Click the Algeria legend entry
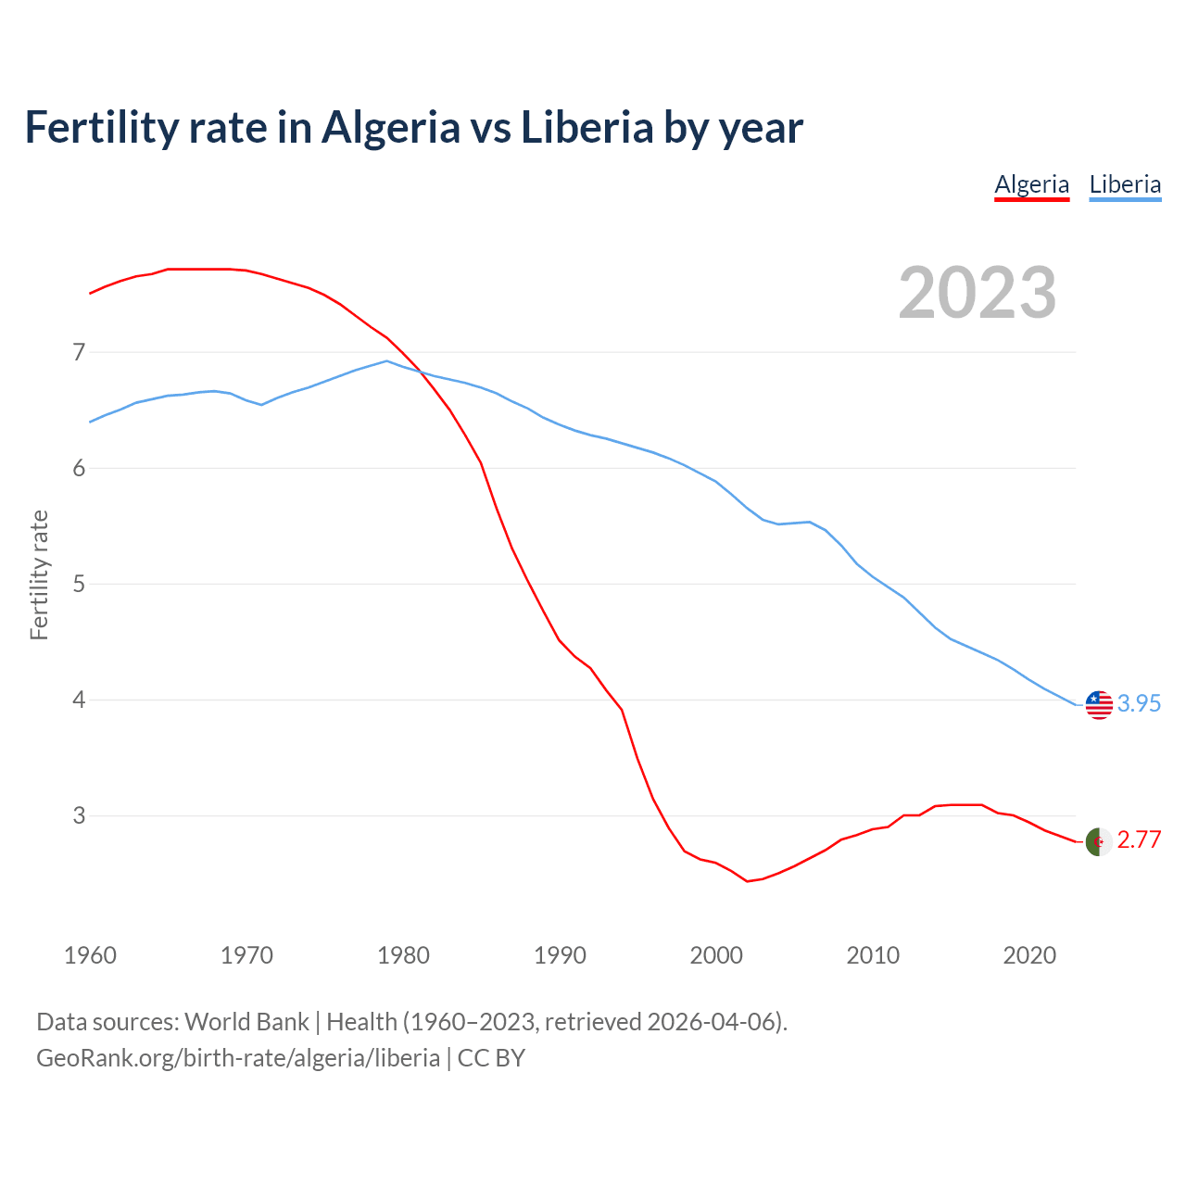click(x=1031, y=184)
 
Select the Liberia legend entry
click(x=1125, y=184)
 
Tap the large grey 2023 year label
click(x=978, y=293)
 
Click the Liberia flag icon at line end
click(x=1099, y=704)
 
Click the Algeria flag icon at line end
click(x=1099, y=841)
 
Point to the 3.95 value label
click(x=1139, y=704)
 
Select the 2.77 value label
click(x=1139, y=840)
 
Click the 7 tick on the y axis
click(x=79, y=352)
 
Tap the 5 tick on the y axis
click(x=79, y=584)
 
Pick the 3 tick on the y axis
click(x=79, y=815)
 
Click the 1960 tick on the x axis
click(x=90, y=955)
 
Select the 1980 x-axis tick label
click(x=403, y=955)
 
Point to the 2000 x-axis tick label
click(x=716, y=955)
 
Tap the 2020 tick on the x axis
click(x=1029, y=955)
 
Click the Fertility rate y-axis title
click(x=39, y=574)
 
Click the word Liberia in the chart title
click(x=587, y=127)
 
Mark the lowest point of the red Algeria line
click(x=747, y=881)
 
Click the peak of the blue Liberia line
click(x=386, y=361)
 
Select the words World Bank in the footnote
click(x=246, y=1022)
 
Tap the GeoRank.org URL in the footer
click(x=238, y=1058)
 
